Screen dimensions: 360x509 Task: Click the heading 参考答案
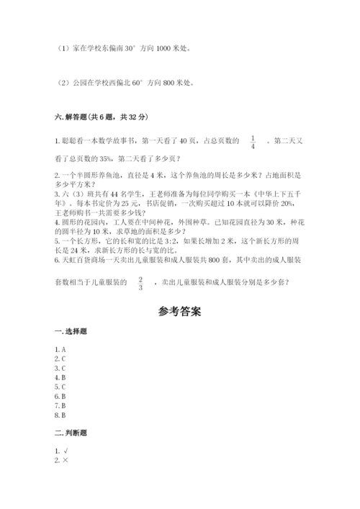pos(179,312)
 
